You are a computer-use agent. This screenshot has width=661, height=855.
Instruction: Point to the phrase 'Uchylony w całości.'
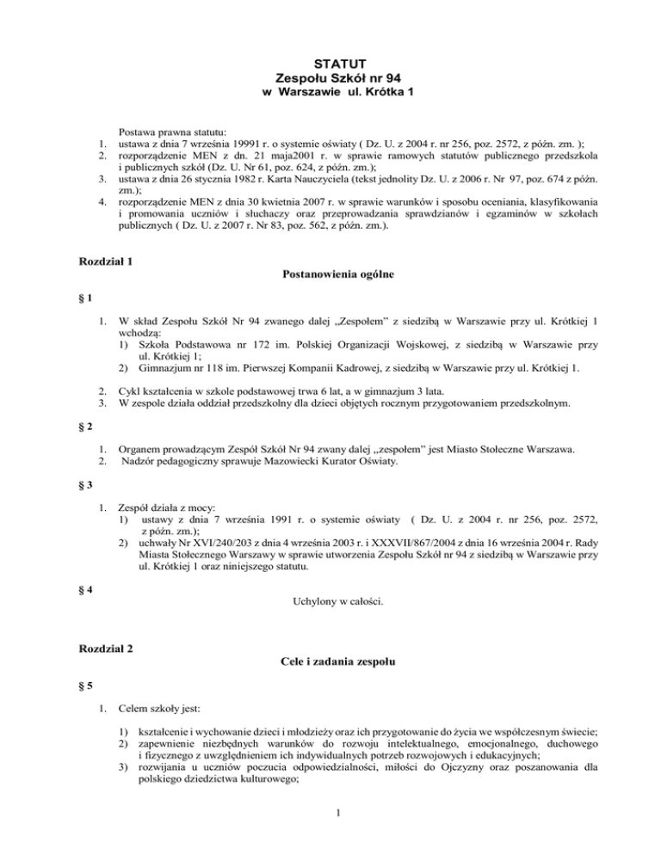tap(330, 593)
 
